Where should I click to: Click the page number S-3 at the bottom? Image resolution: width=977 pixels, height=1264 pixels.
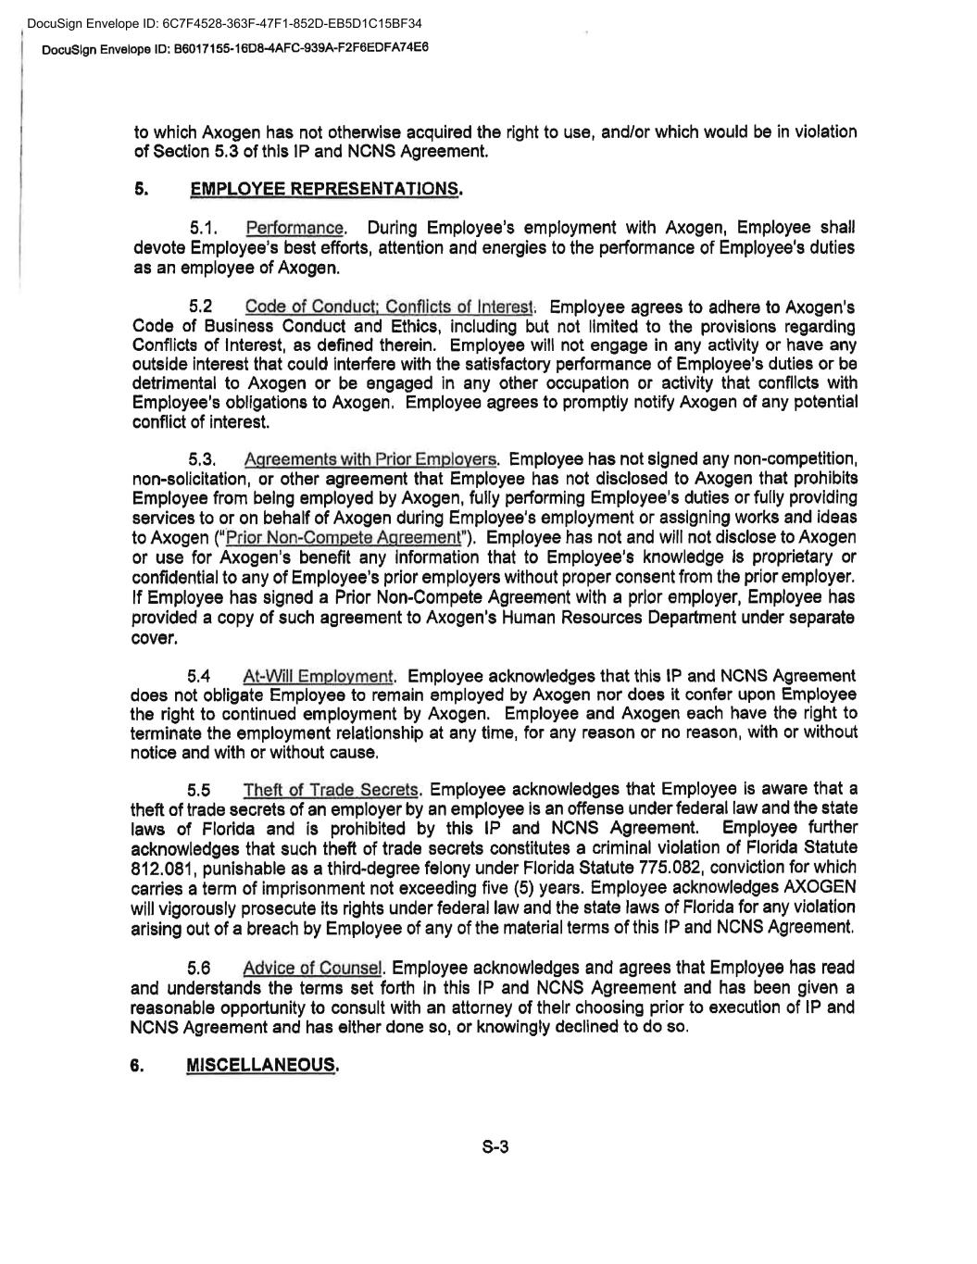point(495,1148)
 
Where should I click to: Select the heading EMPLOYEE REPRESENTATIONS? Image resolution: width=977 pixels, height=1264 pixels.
point(325,190)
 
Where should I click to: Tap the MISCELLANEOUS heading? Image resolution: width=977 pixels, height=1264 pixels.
point(262,1065)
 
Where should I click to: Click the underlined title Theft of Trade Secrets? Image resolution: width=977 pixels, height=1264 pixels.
point(332,790)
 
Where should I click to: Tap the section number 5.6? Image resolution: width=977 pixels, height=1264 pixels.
point(200,969)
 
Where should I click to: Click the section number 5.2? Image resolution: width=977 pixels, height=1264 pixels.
point(201,307)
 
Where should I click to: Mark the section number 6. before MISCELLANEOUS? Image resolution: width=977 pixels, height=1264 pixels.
point(137,1065)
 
